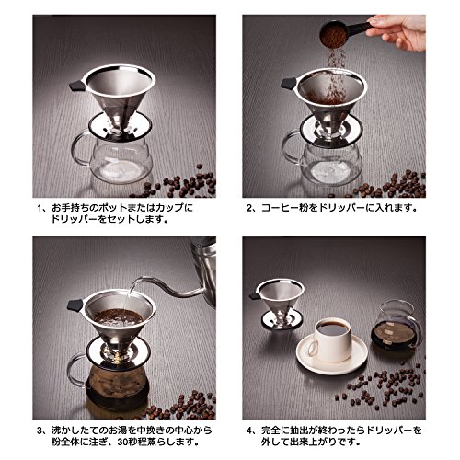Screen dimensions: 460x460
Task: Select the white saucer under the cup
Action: [x=332, y=356]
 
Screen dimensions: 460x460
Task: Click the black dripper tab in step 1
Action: [x=76, y=86]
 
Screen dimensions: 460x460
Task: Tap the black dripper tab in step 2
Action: [x=289, y=83]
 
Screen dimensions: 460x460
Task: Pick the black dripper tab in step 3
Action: [x=75, y=305]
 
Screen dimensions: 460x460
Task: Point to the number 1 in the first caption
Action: [x=40, y=208]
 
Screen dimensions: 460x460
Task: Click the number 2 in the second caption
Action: [x=249, y=208]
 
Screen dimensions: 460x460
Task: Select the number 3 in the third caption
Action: [x=40, y=431]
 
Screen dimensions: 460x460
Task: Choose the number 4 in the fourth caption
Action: [x=249, y=431]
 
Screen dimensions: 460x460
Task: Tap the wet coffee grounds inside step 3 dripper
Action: [x=119, y=317]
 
